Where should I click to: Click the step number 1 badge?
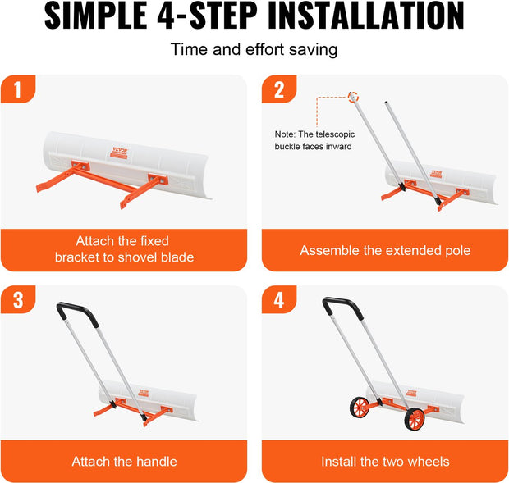coord(18,89)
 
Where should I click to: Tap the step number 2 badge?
coord(279,89)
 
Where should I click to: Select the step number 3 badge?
coord(18,299)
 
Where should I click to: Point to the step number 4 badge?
coord(279,299)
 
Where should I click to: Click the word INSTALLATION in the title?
coord(366,16)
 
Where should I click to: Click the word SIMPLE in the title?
coord(96,16)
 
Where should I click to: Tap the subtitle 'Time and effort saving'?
coord(254,49)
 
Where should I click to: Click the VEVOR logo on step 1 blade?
coord(119,153)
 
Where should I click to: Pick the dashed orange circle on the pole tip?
coord(353,97)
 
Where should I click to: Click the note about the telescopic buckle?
coord(314,140)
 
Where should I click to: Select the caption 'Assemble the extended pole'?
coord(385,250)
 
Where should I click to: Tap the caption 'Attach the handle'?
coord(124,462)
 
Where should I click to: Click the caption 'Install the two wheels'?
coord(385,462)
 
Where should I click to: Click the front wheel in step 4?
coord(415,419)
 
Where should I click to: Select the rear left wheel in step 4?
coord(360,407)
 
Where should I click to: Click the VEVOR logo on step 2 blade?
coord(436,174)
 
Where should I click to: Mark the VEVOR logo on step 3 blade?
coord(143,393)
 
